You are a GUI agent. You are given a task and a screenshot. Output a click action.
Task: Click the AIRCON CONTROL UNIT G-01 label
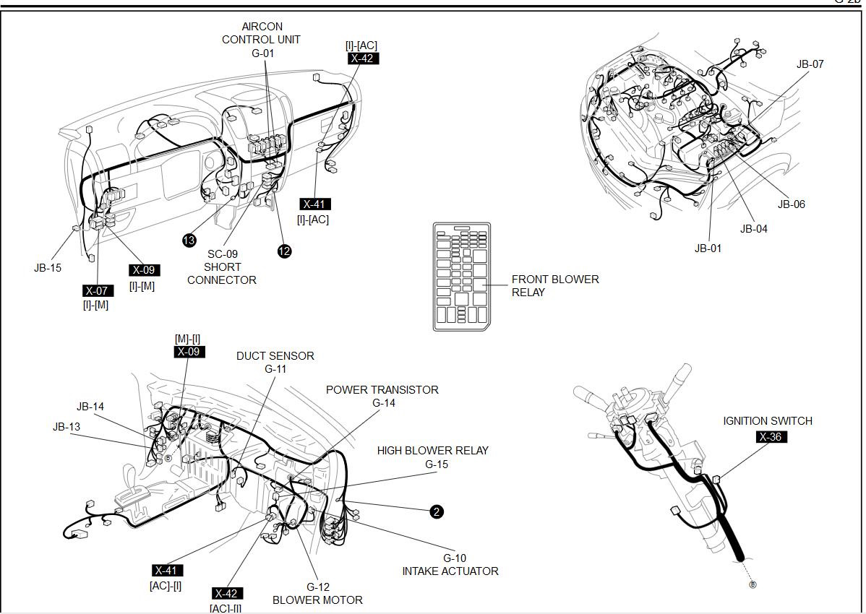click(x=261, y=40)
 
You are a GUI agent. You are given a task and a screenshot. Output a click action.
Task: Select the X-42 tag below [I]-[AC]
click(x=363, y=59)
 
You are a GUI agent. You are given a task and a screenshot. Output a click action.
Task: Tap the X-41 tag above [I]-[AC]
click(x=315, y=204)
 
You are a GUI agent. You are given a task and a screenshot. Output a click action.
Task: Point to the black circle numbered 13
click(x=189, y=241)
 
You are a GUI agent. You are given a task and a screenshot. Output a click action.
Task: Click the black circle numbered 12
click(x=285, y=251)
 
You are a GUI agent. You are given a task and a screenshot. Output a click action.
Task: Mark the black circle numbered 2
click(x=436, y=512)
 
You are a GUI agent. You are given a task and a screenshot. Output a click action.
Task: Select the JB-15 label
click(x=48, y=267)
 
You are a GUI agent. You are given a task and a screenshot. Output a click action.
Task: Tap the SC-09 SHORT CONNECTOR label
click(x=222, y=267)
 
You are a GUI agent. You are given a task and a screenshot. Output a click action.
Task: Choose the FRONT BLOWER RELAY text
click(x=554, y=286)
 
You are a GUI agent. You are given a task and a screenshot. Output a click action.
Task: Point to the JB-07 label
click(x=810, y=64)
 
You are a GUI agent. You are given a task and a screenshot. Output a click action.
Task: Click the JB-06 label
click(x=791, y=204)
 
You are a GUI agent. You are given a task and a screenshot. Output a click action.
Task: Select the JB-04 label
click(x=753, y=229)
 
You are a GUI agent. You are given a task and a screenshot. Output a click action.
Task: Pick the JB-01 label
click(x=708, y=248)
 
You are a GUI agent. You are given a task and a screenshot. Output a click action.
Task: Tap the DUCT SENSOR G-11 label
click(x=275, y=362)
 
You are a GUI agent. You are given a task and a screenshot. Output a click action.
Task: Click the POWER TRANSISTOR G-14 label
click(x=382, y=396)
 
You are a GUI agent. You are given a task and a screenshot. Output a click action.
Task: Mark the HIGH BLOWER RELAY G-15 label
click(x=432, y=457)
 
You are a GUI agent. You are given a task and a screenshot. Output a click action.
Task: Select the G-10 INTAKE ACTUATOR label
click(x=450, y=564)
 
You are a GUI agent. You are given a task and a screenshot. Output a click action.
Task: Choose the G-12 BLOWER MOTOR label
click(x=317, y=593)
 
